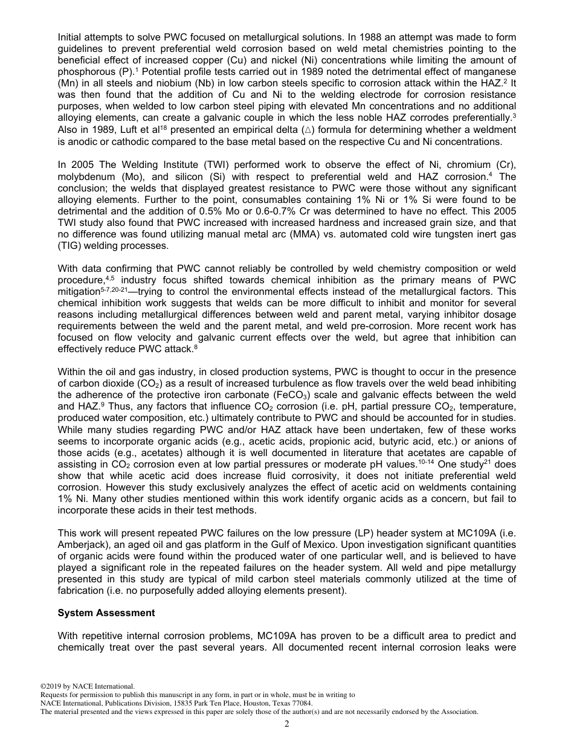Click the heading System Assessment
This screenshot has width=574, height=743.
[x=106, y=613]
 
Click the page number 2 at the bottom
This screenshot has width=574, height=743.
[x=287, y=724]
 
